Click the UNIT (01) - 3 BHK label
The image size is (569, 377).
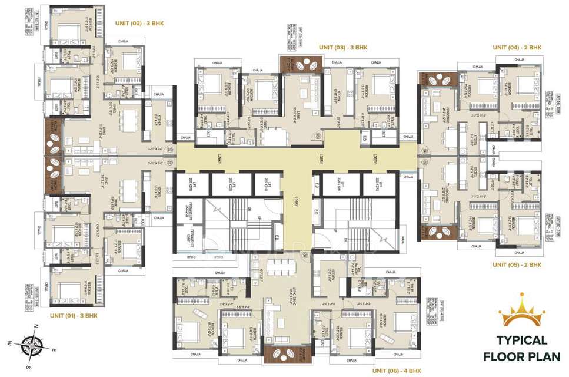click(x=74, y=316)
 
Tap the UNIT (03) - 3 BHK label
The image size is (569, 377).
click(x=343, y=47)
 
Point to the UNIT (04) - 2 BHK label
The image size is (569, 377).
click(x=517, y=47)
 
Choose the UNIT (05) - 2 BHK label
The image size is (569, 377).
click(x=517, y=264)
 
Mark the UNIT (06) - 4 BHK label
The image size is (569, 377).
click(x=397, y=371)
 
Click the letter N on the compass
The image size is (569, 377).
click(x=36, y=326)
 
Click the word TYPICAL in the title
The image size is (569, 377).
click(x=522, y=340)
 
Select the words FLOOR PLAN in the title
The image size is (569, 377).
click(x=522, y=356)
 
